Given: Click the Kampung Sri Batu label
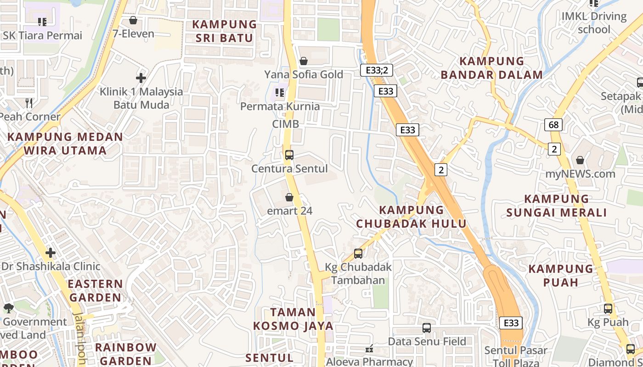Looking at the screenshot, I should [224, 31].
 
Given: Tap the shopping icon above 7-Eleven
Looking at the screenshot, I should [133, 20].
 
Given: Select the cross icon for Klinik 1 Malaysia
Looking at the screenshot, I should [141, 78].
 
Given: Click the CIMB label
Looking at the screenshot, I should [285, 124].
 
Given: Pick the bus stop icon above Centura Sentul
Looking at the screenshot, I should [289, 155].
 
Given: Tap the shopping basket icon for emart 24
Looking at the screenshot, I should [289, 197].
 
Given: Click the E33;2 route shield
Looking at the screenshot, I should [376, 70].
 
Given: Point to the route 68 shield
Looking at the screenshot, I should [553, 124].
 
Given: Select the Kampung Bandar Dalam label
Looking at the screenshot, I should [491, 68].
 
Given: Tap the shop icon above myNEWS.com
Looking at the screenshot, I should [580, 160].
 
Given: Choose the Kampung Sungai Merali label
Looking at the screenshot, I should [556, 206].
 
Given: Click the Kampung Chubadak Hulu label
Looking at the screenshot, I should [411, 217].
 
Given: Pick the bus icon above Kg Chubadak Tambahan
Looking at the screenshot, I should [358, 253].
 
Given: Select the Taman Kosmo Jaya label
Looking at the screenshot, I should [293, 319].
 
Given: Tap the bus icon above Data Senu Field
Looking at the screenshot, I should [427, 328].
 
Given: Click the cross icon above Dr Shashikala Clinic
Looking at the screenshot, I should [51, 253].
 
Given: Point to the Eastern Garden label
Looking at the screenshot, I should [95, 290].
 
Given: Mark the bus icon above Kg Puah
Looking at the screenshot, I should [608, 309].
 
